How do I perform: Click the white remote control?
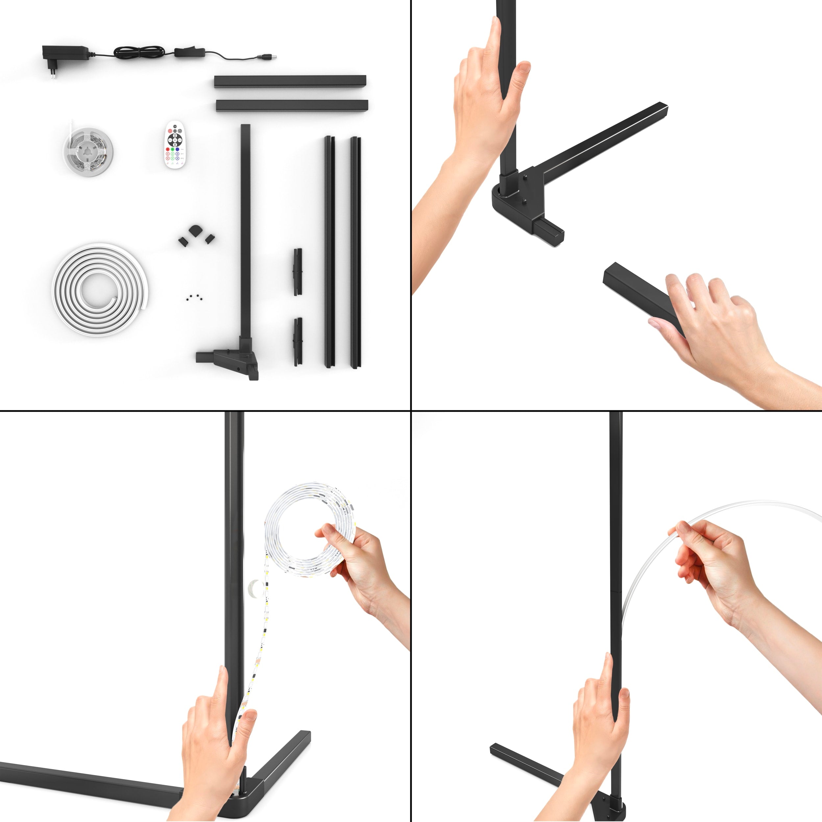pos(175,145)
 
